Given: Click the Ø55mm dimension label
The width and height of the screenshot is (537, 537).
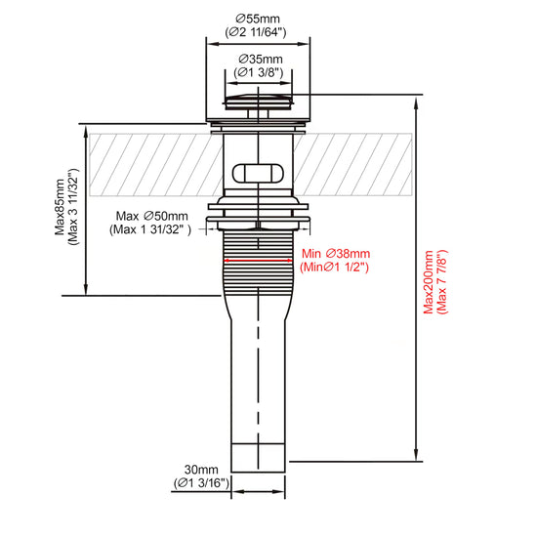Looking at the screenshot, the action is point(258,19).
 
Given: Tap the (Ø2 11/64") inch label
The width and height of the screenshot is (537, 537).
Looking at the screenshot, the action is point(256,32).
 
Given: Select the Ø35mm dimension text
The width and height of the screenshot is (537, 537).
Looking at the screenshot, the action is point(261,59).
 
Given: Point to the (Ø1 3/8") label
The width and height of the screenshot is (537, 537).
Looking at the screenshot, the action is point(259,72).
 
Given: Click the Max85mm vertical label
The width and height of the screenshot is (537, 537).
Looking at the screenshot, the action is point(60,207).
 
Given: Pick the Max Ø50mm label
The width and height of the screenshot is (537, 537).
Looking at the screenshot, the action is point(151,216).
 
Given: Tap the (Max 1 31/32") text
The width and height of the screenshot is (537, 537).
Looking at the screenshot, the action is point(150,229).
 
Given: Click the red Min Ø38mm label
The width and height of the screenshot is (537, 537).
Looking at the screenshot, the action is point(336,254).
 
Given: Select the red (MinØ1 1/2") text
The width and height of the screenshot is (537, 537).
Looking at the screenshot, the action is point(334,267).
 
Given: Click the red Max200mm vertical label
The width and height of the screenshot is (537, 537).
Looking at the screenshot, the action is point(429,282).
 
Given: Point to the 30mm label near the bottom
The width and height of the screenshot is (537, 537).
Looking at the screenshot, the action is point(201,470).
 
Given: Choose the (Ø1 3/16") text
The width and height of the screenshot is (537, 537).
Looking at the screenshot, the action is point(201,483).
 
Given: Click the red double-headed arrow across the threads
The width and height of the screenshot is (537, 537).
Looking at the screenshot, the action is point(258,261).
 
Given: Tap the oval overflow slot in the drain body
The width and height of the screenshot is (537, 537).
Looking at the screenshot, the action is point(258,173).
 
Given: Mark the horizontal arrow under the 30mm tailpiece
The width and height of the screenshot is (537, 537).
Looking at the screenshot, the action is point(258,492).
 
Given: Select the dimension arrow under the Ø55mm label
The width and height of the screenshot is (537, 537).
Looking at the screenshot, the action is point(258,44).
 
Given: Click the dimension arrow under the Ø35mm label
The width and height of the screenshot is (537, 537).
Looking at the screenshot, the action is point(259,83).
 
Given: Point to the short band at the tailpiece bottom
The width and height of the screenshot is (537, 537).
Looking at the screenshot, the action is point(258,458).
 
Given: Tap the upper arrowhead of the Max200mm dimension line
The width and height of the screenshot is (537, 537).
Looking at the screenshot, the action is point(416,103).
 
